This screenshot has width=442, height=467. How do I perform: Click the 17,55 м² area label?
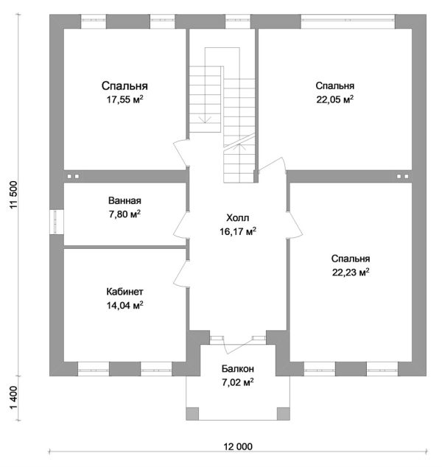coord(125,99)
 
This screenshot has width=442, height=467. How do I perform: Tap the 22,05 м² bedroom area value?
coord(334,99)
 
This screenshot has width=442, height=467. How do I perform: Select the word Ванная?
coord(124,200)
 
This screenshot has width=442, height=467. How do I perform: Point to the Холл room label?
coord(238,218)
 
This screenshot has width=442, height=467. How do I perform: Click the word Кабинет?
coord(124,292)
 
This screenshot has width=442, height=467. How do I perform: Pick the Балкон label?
coord(238,369)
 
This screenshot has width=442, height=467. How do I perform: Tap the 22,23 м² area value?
coord(351,272)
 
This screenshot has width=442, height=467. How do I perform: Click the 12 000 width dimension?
coord(238,446)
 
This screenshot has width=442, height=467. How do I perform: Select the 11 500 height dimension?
coord(14,194)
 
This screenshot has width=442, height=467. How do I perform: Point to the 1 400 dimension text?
coord(14,398)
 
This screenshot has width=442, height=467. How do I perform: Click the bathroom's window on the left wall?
coord(57,222)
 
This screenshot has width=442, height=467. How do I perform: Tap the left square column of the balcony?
coord(192,414)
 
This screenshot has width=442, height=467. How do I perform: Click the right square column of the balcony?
coord(284,414)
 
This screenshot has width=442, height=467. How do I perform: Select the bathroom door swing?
coord(180,225)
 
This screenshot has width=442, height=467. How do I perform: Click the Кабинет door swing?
coord(181,274)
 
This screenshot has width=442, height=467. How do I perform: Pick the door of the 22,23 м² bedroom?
coord(295,225)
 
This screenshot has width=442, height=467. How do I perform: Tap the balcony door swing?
coord(238,345)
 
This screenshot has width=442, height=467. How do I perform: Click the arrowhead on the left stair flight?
coord(205,119)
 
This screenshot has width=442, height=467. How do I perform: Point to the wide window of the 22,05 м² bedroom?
coord(348,21)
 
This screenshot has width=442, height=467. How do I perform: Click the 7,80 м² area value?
coord(124,214)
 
